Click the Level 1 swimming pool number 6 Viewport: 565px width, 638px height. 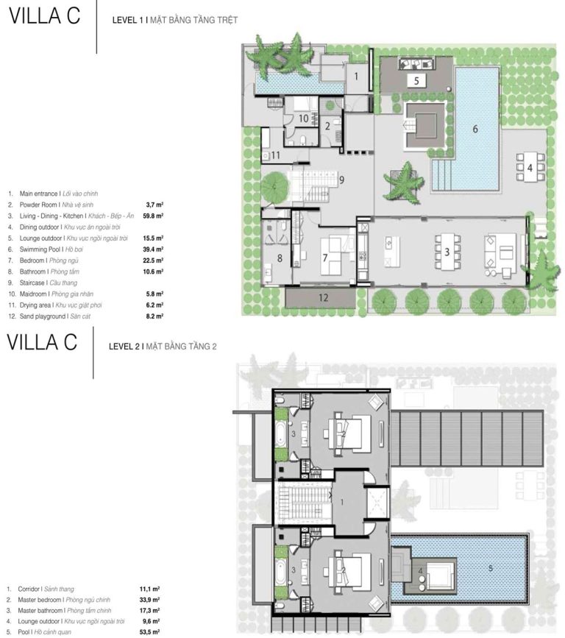tap(475, 129)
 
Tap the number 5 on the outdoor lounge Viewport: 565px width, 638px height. tap(416, 80)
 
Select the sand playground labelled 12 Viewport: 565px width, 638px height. tap(323, 297)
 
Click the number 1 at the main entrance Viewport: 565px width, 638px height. tap(356, 76)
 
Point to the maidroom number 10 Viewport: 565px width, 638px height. tap(303, 118)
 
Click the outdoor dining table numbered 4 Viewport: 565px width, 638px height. tap(530, 167)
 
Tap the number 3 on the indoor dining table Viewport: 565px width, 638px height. tap(447, 252)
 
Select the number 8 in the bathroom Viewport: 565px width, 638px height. tap(280, 258)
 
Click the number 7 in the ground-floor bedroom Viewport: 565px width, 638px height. tap(324, 258)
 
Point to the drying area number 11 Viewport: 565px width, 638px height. tap(275, 155)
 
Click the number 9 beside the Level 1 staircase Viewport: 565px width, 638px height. tap(341, 180)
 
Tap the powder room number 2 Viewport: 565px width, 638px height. tap(327, 126)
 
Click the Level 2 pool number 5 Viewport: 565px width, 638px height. tap(491, 568)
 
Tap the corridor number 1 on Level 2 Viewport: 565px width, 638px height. tap(342, 503)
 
